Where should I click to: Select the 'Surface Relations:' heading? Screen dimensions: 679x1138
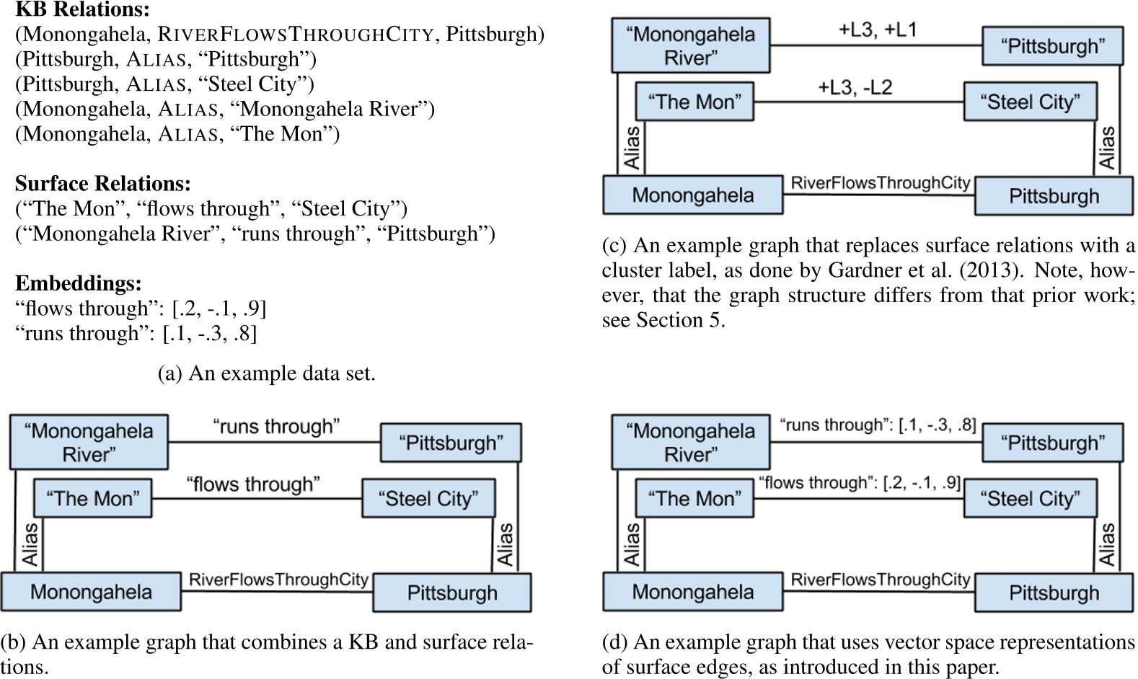[x=103, y=184]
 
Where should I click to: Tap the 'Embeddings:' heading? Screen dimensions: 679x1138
[x=79, y=283]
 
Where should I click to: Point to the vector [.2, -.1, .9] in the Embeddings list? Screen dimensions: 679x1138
[x=219, y=309]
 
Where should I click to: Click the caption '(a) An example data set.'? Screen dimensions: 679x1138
[x=266, y=373]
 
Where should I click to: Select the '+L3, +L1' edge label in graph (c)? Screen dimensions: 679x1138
[x=877, y=30]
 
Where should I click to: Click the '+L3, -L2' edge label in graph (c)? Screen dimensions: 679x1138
[x=855, y=88]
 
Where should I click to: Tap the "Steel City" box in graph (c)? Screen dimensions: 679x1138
[x=1030, y=102]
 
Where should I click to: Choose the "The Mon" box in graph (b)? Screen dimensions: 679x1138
[x=93, y=498]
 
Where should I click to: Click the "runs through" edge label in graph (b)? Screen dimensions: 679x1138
[x=276, y=427]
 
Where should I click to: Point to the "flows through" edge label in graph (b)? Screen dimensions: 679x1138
[x=253, y=484]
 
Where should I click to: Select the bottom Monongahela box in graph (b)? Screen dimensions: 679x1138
[x=91, y=592]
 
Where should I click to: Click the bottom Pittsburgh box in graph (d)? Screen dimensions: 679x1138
[x=1054, y=593]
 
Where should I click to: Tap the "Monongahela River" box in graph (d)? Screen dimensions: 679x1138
[x=691, y=443]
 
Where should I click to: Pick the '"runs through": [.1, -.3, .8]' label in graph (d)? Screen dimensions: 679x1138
[x=878, y=425]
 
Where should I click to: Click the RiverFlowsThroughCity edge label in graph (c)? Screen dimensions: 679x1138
[x=880, y=183]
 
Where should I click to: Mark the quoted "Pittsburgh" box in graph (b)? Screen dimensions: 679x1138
[x=451, y=443]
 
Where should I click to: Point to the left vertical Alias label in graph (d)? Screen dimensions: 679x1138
[x=632, y=544]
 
